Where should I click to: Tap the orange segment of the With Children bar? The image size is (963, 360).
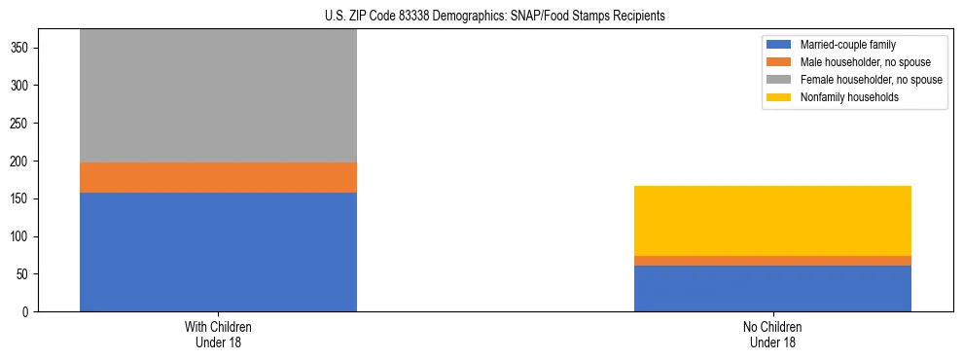[x=218, y=177]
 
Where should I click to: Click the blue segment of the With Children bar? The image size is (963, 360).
[x=218, y=252]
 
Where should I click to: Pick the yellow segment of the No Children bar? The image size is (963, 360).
[x=772, y=221]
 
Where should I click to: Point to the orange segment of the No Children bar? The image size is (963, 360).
[x=772, y=261]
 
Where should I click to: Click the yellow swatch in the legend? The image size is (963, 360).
[x=779, y=97]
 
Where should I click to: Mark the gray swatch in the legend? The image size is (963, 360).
[x=779, y=80]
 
